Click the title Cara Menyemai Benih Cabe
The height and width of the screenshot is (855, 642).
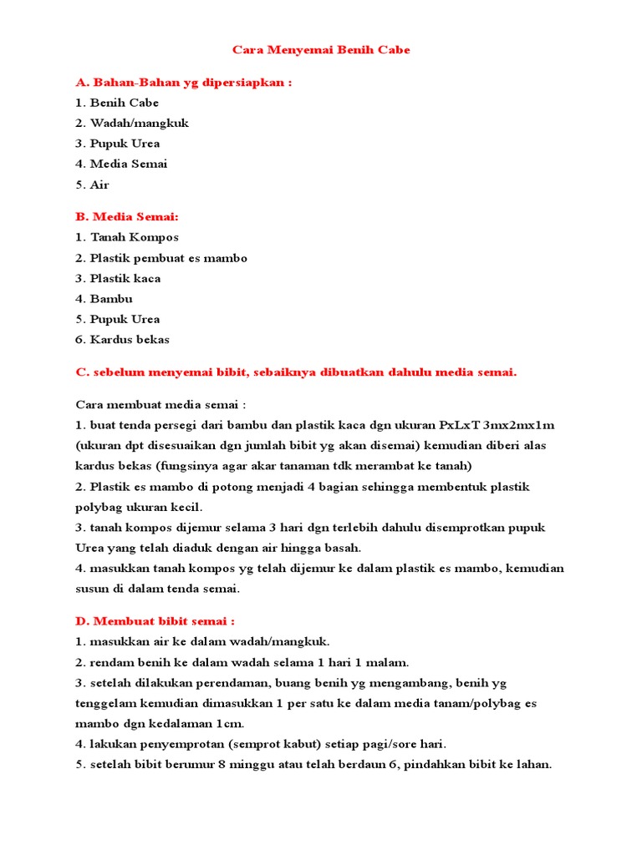tap(321, 50)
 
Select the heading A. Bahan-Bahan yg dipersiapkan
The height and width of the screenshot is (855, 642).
tap(184, 83)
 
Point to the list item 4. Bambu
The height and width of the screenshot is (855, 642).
tap(104, 298)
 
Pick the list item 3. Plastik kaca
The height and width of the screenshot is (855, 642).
tap(118, 278)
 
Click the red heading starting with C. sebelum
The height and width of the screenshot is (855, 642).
tap(296, 372)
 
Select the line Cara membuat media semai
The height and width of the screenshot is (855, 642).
tap(161, 405)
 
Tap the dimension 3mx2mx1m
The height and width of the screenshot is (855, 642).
tap(519, 425)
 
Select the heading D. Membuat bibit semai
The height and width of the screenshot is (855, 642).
tap(155, 621)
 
